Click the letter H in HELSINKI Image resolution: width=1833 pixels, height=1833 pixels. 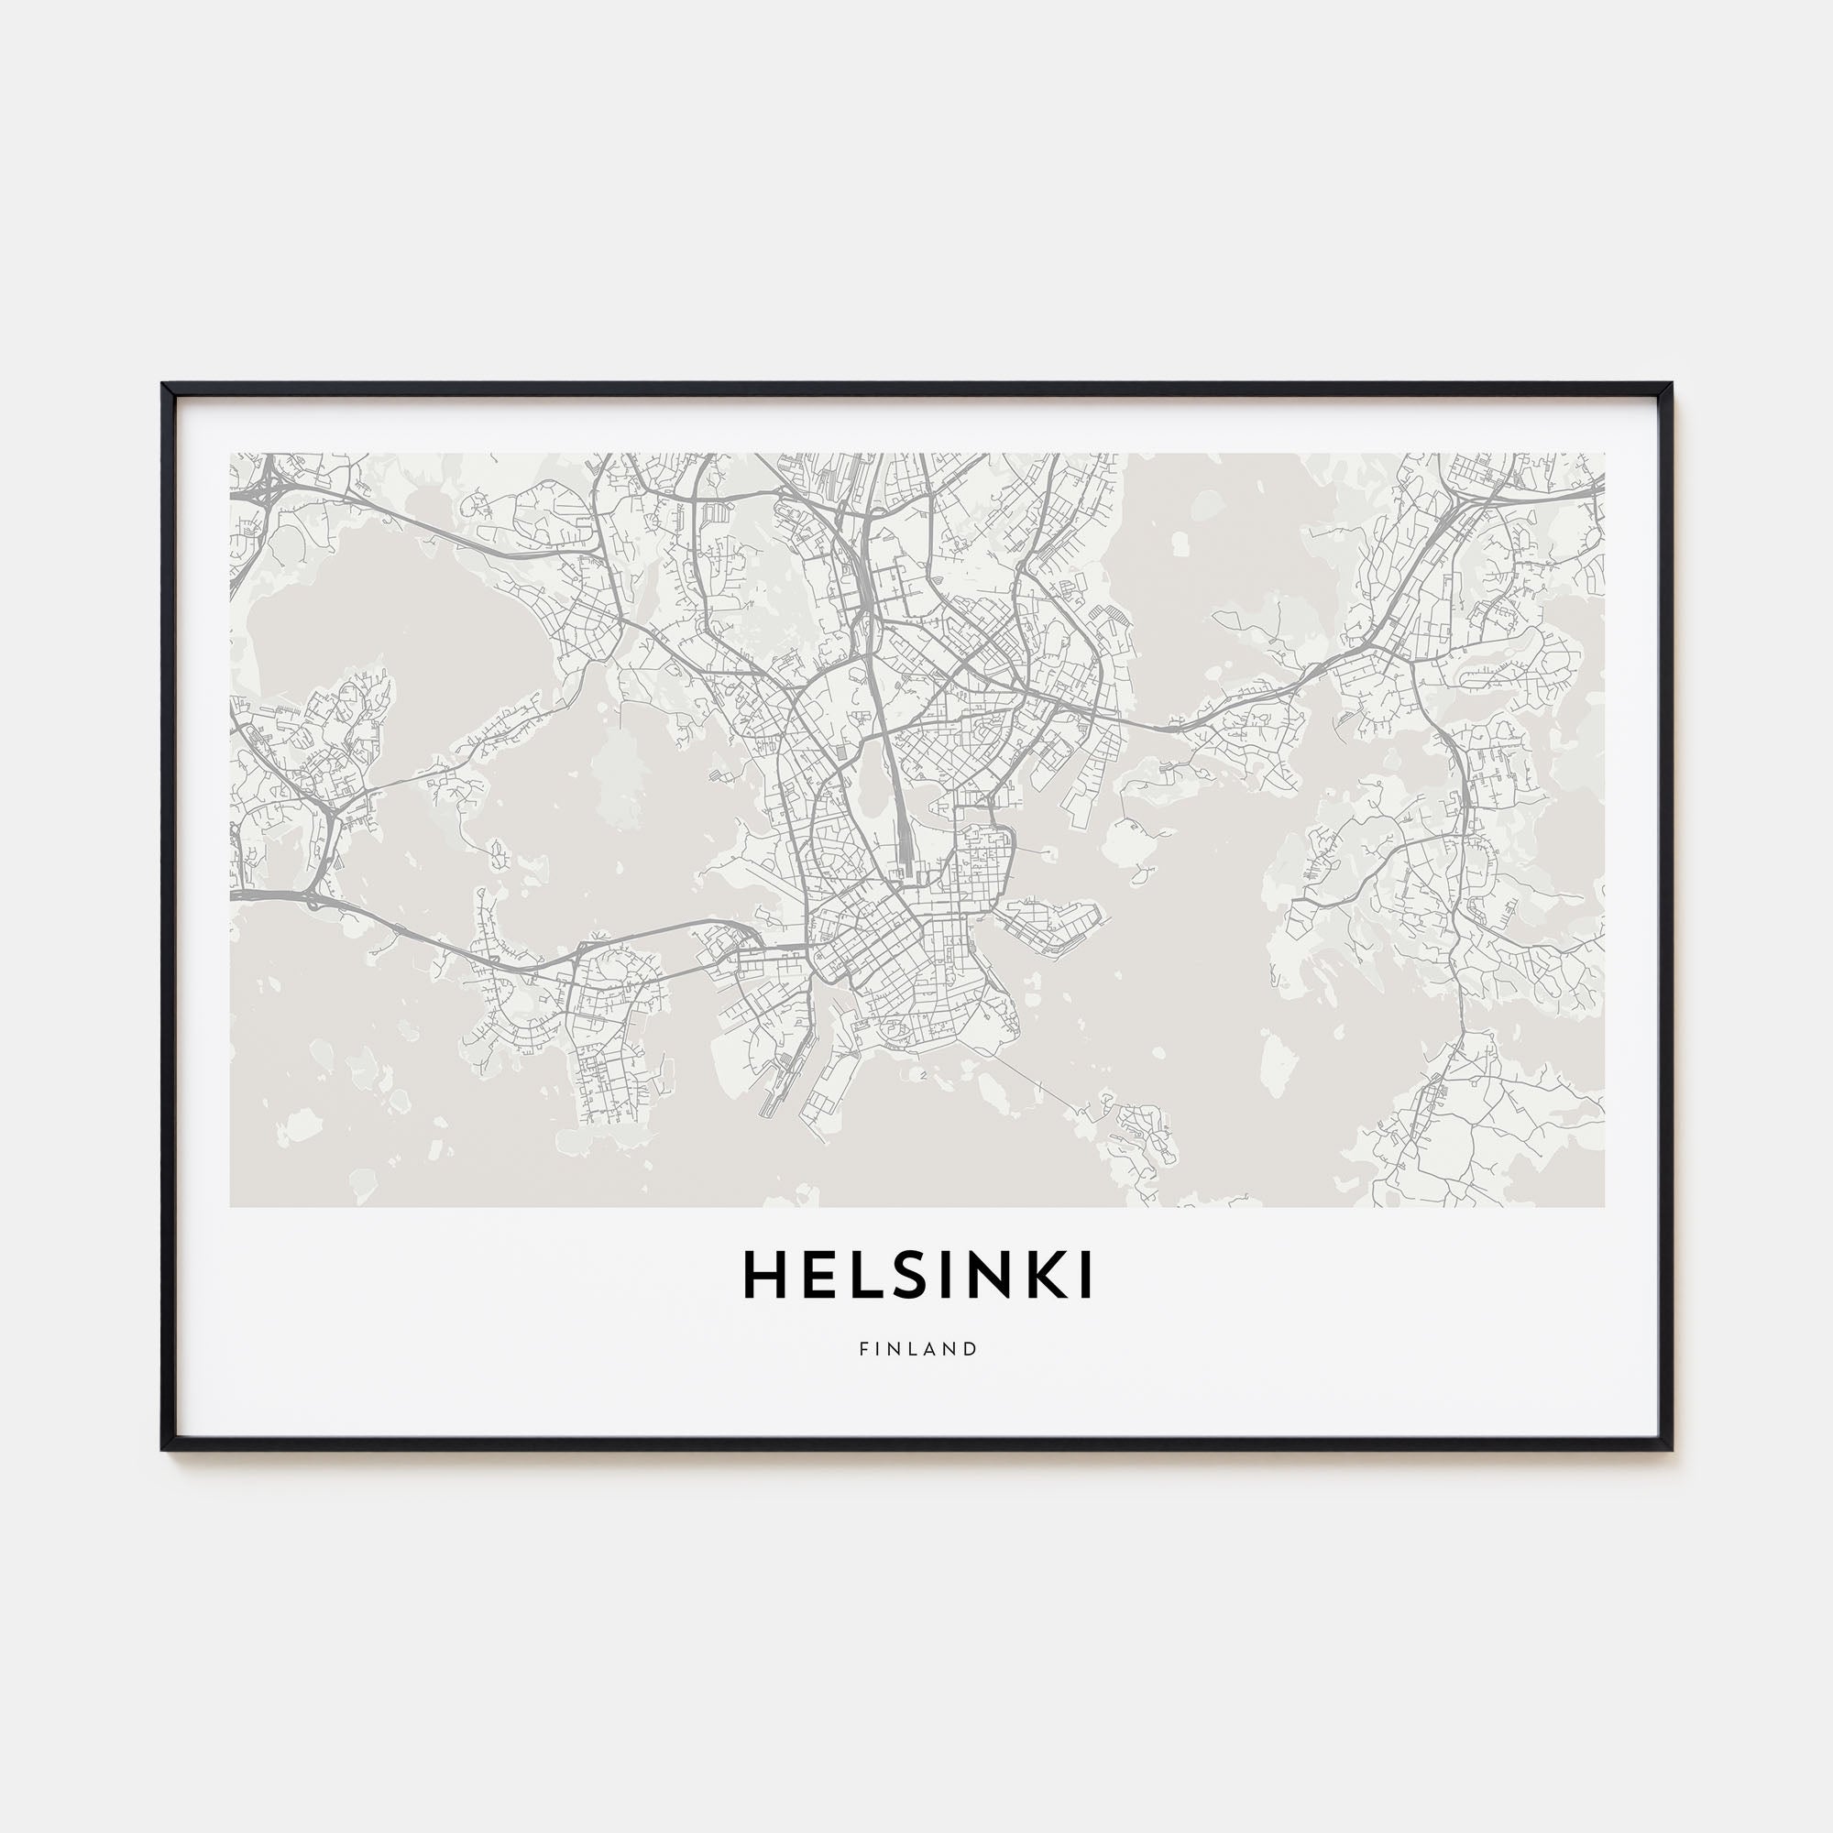(764, 1275)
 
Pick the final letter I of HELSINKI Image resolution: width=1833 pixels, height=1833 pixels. (1086, 1275)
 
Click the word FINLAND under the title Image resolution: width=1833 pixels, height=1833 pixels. (917, 1348)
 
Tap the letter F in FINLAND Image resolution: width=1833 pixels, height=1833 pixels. (864, 1348)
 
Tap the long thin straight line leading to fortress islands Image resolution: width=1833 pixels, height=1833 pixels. (1025, 1077)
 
